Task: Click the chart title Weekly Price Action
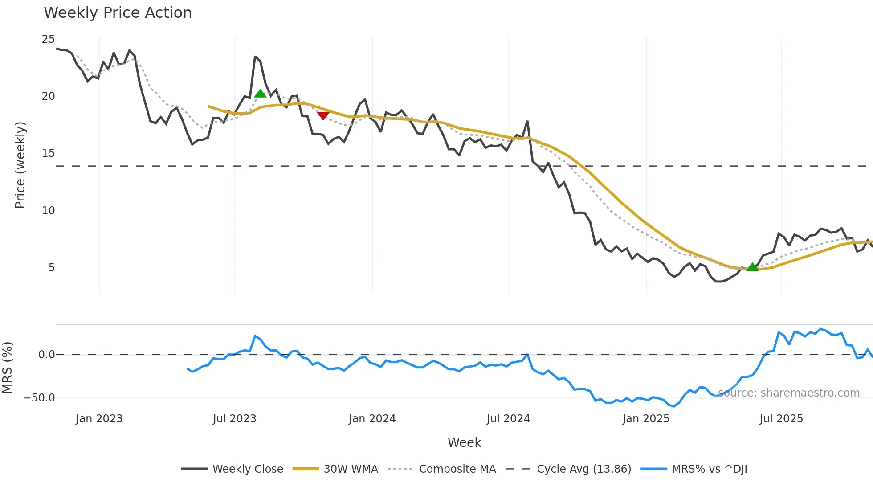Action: pos(118,13)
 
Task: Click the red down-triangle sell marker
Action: pos(323,116)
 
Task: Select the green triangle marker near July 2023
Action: pos(260,94)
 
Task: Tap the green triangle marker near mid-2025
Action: pos(752,267)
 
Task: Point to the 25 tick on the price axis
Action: pos(48,39)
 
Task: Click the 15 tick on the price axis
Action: pos(48,153)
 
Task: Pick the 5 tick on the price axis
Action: pos(52,268)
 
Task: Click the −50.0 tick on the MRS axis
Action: pos(40,398)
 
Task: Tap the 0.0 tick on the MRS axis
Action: pos(46,355)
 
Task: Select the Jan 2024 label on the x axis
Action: pos(372,419)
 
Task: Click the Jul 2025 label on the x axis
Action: pos(781,419)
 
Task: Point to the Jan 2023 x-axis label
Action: pos(99,419)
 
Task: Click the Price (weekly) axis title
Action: pos(20,165)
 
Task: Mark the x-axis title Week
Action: pos(464,442)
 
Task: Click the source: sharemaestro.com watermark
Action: pos(788,393)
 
